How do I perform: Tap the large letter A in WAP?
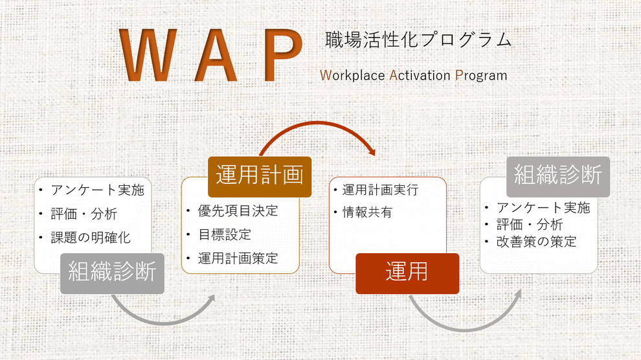point(216,55)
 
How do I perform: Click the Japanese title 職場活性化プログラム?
point(418,39)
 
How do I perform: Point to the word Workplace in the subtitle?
point(352,76)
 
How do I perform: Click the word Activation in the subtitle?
point(420,75)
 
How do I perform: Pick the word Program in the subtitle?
point(481,76)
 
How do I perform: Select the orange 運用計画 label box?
point(260,177)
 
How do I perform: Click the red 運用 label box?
point(407,273)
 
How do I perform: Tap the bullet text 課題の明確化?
point(91,238)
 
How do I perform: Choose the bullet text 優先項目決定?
point(238,211)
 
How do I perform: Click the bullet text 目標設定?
point(225,234)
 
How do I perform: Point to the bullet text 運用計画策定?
point(238,258)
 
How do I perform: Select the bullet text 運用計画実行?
point(380,190)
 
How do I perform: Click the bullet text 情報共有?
point(367,212)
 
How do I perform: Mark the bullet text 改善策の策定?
point(536,242)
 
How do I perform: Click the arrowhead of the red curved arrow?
point(372,152)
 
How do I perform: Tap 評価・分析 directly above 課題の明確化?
point(84,214)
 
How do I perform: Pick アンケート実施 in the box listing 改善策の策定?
point(543,208)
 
